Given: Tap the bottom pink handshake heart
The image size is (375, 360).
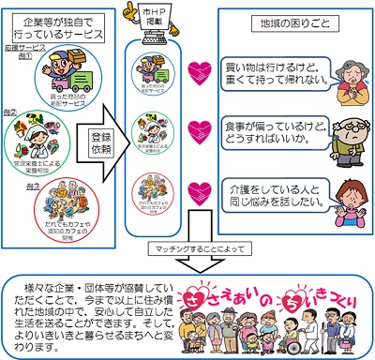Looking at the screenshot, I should (x=199, y=192).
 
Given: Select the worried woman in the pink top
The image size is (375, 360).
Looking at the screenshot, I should (x=339, y=192).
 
